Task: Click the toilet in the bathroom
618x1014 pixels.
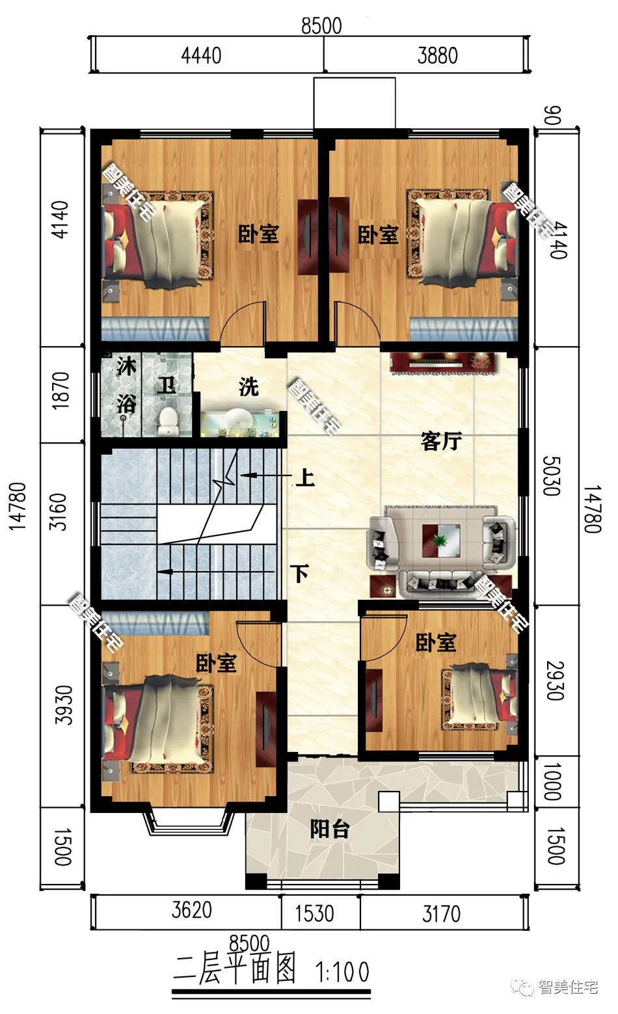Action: pos(168,420)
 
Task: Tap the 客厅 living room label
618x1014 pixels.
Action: pos(441,440)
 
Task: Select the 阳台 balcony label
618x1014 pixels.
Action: pos(330,829)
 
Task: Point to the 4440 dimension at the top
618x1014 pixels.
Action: pos(202,56)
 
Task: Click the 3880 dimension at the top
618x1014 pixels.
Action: pos(437,56)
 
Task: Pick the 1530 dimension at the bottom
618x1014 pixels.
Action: pos(315,913)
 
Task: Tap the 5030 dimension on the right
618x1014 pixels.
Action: pos(552,475)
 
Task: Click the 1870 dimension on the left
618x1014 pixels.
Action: pos(60,391)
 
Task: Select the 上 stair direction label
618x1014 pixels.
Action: pos(305,477)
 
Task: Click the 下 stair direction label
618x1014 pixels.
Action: pos(300,573)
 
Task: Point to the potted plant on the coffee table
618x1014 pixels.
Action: pos(439,540)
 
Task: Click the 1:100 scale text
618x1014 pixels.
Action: pos(342,972)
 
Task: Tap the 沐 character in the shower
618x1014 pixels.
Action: pos(126,366)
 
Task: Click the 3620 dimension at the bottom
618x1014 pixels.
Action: pos(191,910)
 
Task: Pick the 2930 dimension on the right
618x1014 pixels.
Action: pos(555,681)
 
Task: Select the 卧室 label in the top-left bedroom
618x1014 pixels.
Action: pos(258,233)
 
